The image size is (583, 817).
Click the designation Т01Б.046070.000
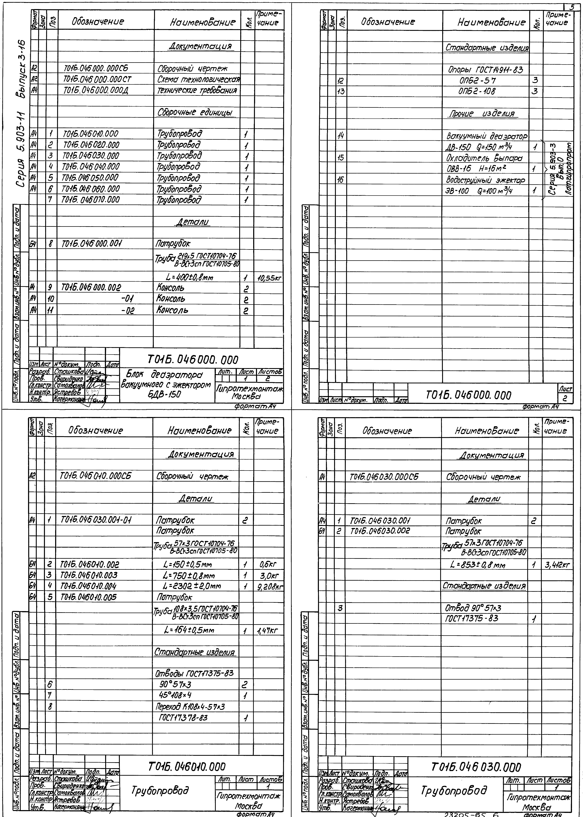coord(91,200)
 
